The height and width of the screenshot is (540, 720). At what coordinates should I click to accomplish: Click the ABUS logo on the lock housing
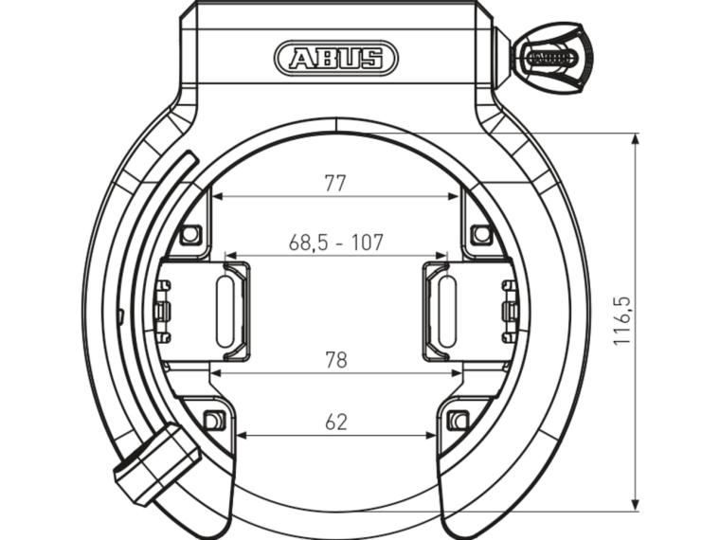coord(335,59)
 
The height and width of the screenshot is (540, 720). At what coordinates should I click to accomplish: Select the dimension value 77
coord(335,184)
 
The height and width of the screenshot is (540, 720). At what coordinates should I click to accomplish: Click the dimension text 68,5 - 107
coord(335,243)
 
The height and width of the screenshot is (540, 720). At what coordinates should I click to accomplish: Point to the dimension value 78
coord(335,360)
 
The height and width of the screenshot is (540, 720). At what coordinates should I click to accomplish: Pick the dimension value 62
coord(335,423)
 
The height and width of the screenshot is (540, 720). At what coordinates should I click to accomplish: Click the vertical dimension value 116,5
coord(621,320)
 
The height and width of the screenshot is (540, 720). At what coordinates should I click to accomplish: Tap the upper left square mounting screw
coord(190,234)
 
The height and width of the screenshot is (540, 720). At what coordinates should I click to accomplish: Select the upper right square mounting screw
coord(481,234)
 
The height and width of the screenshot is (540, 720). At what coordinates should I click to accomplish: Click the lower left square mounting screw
coord(215,420)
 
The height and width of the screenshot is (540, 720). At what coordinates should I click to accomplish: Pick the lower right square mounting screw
coord(459,420)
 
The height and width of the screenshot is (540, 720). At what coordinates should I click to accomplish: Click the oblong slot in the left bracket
coord(225,312)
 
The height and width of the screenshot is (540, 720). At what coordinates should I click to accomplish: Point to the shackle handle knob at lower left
coord(155,464)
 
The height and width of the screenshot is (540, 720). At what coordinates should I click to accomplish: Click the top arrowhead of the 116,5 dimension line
coord(635,138)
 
